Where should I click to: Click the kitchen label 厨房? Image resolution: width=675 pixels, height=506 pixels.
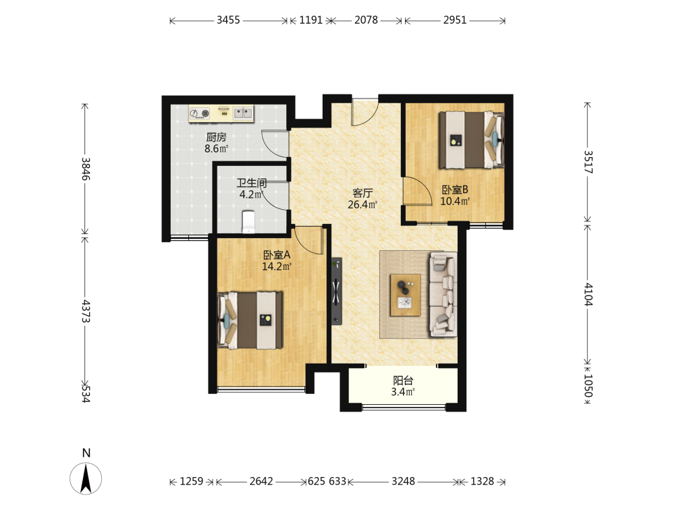point(216,137)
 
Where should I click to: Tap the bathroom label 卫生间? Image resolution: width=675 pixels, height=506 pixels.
point(252,183)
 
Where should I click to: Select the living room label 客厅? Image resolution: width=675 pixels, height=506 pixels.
point(362,193)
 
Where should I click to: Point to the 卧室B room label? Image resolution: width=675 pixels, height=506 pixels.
point(455,190)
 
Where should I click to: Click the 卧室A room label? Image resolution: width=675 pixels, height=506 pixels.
point(277,255)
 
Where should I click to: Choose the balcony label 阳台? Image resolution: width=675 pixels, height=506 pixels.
point(403,381)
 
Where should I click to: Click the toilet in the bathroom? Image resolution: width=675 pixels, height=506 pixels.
point(248,221)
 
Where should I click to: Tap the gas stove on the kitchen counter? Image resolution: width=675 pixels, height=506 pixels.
point(200,113)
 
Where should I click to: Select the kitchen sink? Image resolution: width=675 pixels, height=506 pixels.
point(243,113)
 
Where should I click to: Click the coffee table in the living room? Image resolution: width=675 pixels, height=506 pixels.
point(406,295)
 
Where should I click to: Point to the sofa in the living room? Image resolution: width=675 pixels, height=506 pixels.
point(443,294)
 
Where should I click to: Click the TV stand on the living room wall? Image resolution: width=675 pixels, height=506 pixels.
point(337,291)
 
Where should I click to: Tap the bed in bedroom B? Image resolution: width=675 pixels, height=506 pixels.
point(471,140)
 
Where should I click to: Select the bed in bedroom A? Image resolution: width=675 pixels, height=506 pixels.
point(250,320)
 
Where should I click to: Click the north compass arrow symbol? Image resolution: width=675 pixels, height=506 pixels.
point(86,478)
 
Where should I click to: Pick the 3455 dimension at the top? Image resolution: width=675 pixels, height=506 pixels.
point(228,20)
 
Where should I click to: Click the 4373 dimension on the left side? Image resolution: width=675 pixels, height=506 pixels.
point(86,311)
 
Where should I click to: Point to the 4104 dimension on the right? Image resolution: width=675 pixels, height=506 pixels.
point(589,294)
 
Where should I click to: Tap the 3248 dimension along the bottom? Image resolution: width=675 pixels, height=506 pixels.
point(403,481)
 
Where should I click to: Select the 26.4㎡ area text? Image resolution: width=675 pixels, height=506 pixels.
point(363,204)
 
